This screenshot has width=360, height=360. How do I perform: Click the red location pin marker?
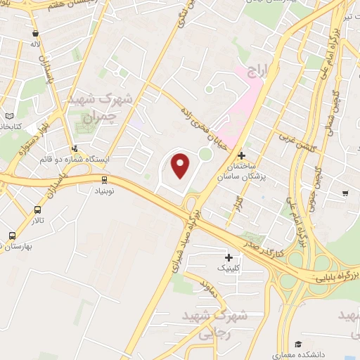coord(181,165)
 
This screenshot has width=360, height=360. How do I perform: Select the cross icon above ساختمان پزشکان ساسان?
coord(242,155)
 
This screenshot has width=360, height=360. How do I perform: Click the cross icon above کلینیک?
coord(229,258)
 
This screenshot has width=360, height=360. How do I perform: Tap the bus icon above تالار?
coord(37,210)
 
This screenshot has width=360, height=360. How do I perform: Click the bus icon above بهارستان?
coord(12,236)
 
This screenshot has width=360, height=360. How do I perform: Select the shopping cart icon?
coord(345,193)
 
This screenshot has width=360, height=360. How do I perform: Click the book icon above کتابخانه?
coord(9,116)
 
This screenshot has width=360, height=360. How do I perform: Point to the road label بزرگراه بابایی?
coord(336,271)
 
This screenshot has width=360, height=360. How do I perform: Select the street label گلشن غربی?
coord(295,136)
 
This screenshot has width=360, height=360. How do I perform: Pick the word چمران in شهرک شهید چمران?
coord(98,117)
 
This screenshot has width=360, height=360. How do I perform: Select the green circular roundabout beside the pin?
coord(205,154)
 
